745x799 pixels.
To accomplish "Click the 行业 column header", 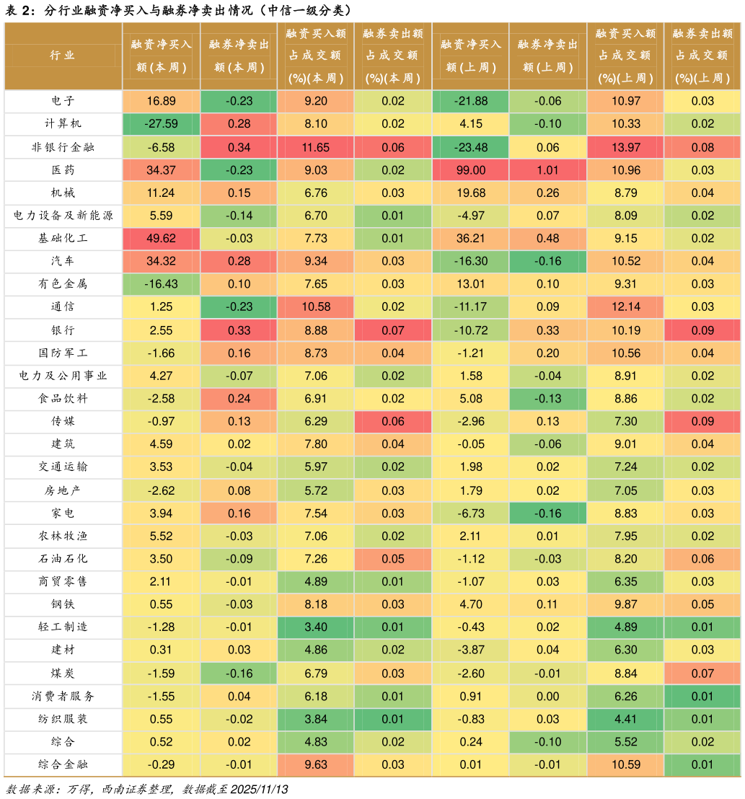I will pyautogui.click(x=63, y=56).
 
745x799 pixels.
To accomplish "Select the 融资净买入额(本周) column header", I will pyautogui.click(x=161, y=56).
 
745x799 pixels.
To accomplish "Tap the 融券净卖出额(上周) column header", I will pyautogui.click(x=547, y=56).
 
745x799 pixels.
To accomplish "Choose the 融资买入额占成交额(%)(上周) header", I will pyautogui.click(x=625, y=56).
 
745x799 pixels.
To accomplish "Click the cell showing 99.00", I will pyautogui.click(x=470, y=170).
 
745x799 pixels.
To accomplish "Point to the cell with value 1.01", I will pyautogui.click(x=547, y=170).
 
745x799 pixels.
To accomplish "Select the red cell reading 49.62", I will pyautogui.click(x=161, y=239).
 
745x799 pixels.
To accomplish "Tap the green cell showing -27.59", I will pyautogui.click(x=161, y=124).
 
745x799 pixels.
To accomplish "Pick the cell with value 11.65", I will pyautogui.click(x=315, y=147).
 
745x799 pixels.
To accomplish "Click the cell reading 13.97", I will pyautogui.click(x=625, y=147).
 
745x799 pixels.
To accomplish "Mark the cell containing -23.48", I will pyautogui.click(x=470, y=147).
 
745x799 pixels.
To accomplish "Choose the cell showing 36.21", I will pyautogui.click(x=470, y=239).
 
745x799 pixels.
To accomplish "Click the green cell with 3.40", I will pyautogui.click(x=315, y=627).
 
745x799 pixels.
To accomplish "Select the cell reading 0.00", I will pyautogui.click(x=547, y=696).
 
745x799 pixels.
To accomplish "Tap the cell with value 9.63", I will pyautogui.click(x=315, y=764).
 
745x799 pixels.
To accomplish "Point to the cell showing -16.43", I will pyautogui.click(x=161, y=284).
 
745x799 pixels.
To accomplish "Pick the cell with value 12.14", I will pyautogui.click(x=625, y=307).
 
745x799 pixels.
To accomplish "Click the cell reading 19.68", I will pyautogui.click(x=470, y=193).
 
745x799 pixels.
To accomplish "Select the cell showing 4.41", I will pyautogui.click(x=625, y=719).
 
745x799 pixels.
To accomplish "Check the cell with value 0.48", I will pyautogui.click(x=547, y=239).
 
